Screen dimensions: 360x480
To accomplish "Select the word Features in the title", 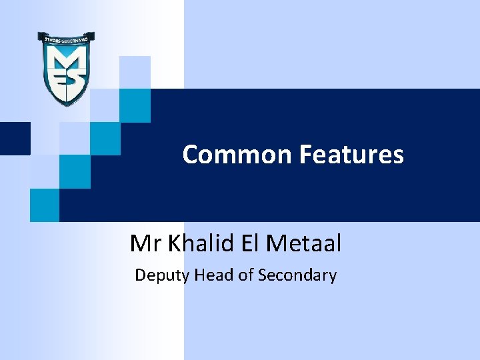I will (351, 155).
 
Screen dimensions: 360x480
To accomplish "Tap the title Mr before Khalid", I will (146, 244).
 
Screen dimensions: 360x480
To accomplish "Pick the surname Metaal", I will (303, 244).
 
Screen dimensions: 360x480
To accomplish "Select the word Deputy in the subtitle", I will (162, 275).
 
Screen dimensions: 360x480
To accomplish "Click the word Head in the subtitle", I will (214, 275).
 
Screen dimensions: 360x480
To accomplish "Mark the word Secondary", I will (297, 275).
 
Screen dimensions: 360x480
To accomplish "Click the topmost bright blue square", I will (135, 105).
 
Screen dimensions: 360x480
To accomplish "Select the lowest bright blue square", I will (45, 205).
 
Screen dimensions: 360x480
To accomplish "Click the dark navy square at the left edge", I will (15, 139).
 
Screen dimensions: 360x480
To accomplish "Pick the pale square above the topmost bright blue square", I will (135, 72).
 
